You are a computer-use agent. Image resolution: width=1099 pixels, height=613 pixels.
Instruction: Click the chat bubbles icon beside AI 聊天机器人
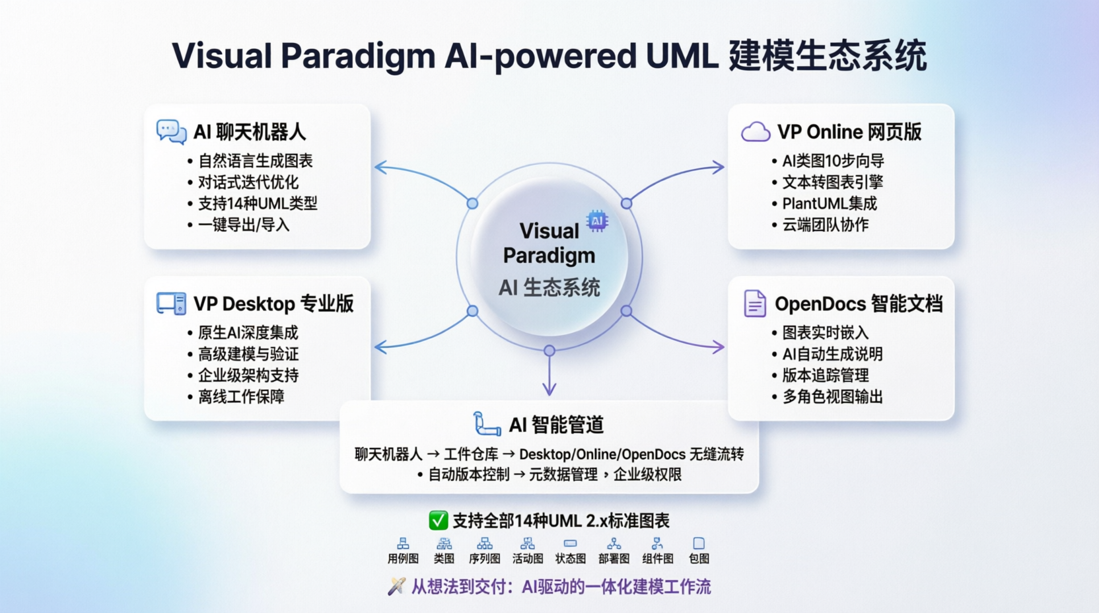171,131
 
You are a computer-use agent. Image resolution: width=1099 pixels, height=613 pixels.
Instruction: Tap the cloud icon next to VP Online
756,132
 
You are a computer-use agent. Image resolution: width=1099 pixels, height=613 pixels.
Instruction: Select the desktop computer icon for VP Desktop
171,304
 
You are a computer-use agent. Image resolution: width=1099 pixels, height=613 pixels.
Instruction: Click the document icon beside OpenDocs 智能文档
754,304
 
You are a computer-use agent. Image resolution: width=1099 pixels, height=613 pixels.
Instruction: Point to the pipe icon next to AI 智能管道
487,424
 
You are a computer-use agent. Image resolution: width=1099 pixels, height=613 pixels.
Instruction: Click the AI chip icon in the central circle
597,221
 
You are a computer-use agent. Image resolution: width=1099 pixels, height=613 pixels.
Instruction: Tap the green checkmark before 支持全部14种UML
438,521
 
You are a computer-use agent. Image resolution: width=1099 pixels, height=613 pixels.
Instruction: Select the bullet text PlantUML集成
830,203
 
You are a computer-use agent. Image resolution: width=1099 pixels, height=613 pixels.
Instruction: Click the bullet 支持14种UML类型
258,203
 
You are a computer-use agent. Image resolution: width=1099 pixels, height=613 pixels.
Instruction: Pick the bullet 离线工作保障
241,396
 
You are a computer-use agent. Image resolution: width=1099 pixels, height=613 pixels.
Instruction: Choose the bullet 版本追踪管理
826,375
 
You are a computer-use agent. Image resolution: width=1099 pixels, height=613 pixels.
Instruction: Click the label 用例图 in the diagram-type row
403,559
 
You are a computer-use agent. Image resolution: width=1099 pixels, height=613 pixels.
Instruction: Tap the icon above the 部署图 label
614,544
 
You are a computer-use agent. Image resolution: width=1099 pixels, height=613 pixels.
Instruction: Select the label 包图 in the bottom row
699,559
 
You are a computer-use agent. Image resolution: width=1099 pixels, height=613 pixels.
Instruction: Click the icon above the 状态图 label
570,544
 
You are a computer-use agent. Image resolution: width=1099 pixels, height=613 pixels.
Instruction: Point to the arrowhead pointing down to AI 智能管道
549,390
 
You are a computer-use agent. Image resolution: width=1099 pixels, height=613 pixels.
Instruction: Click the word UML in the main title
682,55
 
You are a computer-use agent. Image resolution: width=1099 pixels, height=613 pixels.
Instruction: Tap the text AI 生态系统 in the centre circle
549,287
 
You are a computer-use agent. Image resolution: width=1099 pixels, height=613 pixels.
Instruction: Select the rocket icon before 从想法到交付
396,587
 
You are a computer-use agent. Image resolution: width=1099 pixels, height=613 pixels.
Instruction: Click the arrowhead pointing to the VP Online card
719,167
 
